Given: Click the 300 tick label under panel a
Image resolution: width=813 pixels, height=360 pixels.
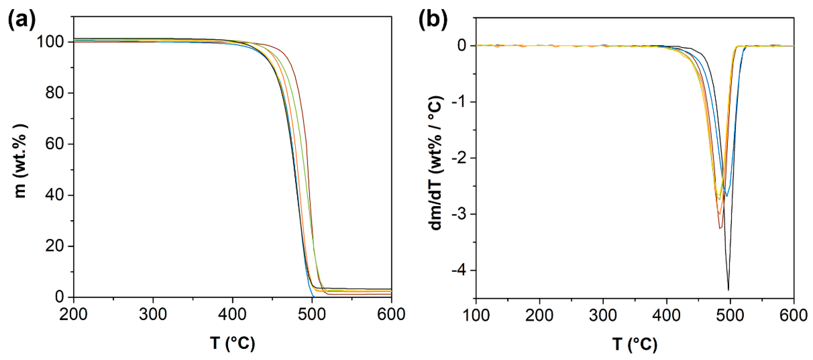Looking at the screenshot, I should coord(153,314).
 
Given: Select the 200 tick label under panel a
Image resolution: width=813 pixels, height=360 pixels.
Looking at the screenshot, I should coord(74,314).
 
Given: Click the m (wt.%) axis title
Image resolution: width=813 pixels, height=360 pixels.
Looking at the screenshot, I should coord(21,161).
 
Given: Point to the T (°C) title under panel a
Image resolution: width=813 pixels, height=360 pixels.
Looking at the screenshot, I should coord(233,343).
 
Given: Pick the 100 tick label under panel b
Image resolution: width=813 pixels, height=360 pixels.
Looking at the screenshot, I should coord(476,315).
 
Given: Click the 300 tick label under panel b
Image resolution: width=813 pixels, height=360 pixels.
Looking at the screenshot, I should coord(603,315).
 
